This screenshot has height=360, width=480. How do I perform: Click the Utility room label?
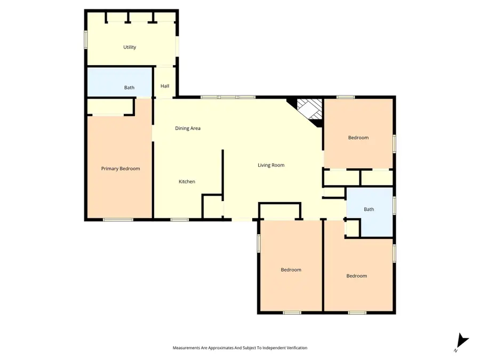click(x=130, y=47)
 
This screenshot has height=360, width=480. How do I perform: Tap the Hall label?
click(x=165, y=85)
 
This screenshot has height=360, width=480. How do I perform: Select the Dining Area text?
click(x=188, y=128)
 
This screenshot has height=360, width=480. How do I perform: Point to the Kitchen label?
click(x=187, y=182)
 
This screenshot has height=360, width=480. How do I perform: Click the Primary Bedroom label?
click(x=121, y=169)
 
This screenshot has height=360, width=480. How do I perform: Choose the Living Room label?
click(x=271, y=165)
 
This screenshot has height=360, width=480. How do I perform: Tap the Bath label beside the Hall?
click(x=130, y=87)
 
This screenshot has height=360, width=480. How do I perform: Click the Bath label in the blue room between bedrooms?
click(x=369, y=210)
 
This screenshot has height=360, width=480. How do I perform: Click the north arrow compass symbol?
click(x=461, y=342)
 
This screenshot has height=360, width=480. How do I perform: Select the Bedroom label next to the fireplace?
click(x=358, y=138)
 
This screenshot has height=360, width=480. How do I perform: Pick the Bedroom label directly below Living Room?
click(x=291, y=270)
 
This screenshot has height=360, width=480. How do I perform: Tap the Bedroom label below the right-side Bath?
click(x=357, y=276)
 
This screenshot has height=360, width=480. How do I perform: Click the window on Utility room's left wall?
click(x=86, y=40)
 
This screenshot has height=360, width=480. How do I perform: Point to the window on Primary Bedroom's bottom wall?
click(x=118, y=219)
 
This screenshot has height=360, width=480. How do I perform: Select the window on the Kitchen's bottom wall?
click(x=180, y=219)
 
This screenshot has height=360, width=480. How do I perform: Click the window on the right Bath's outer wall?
click(x=394, y=205)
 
